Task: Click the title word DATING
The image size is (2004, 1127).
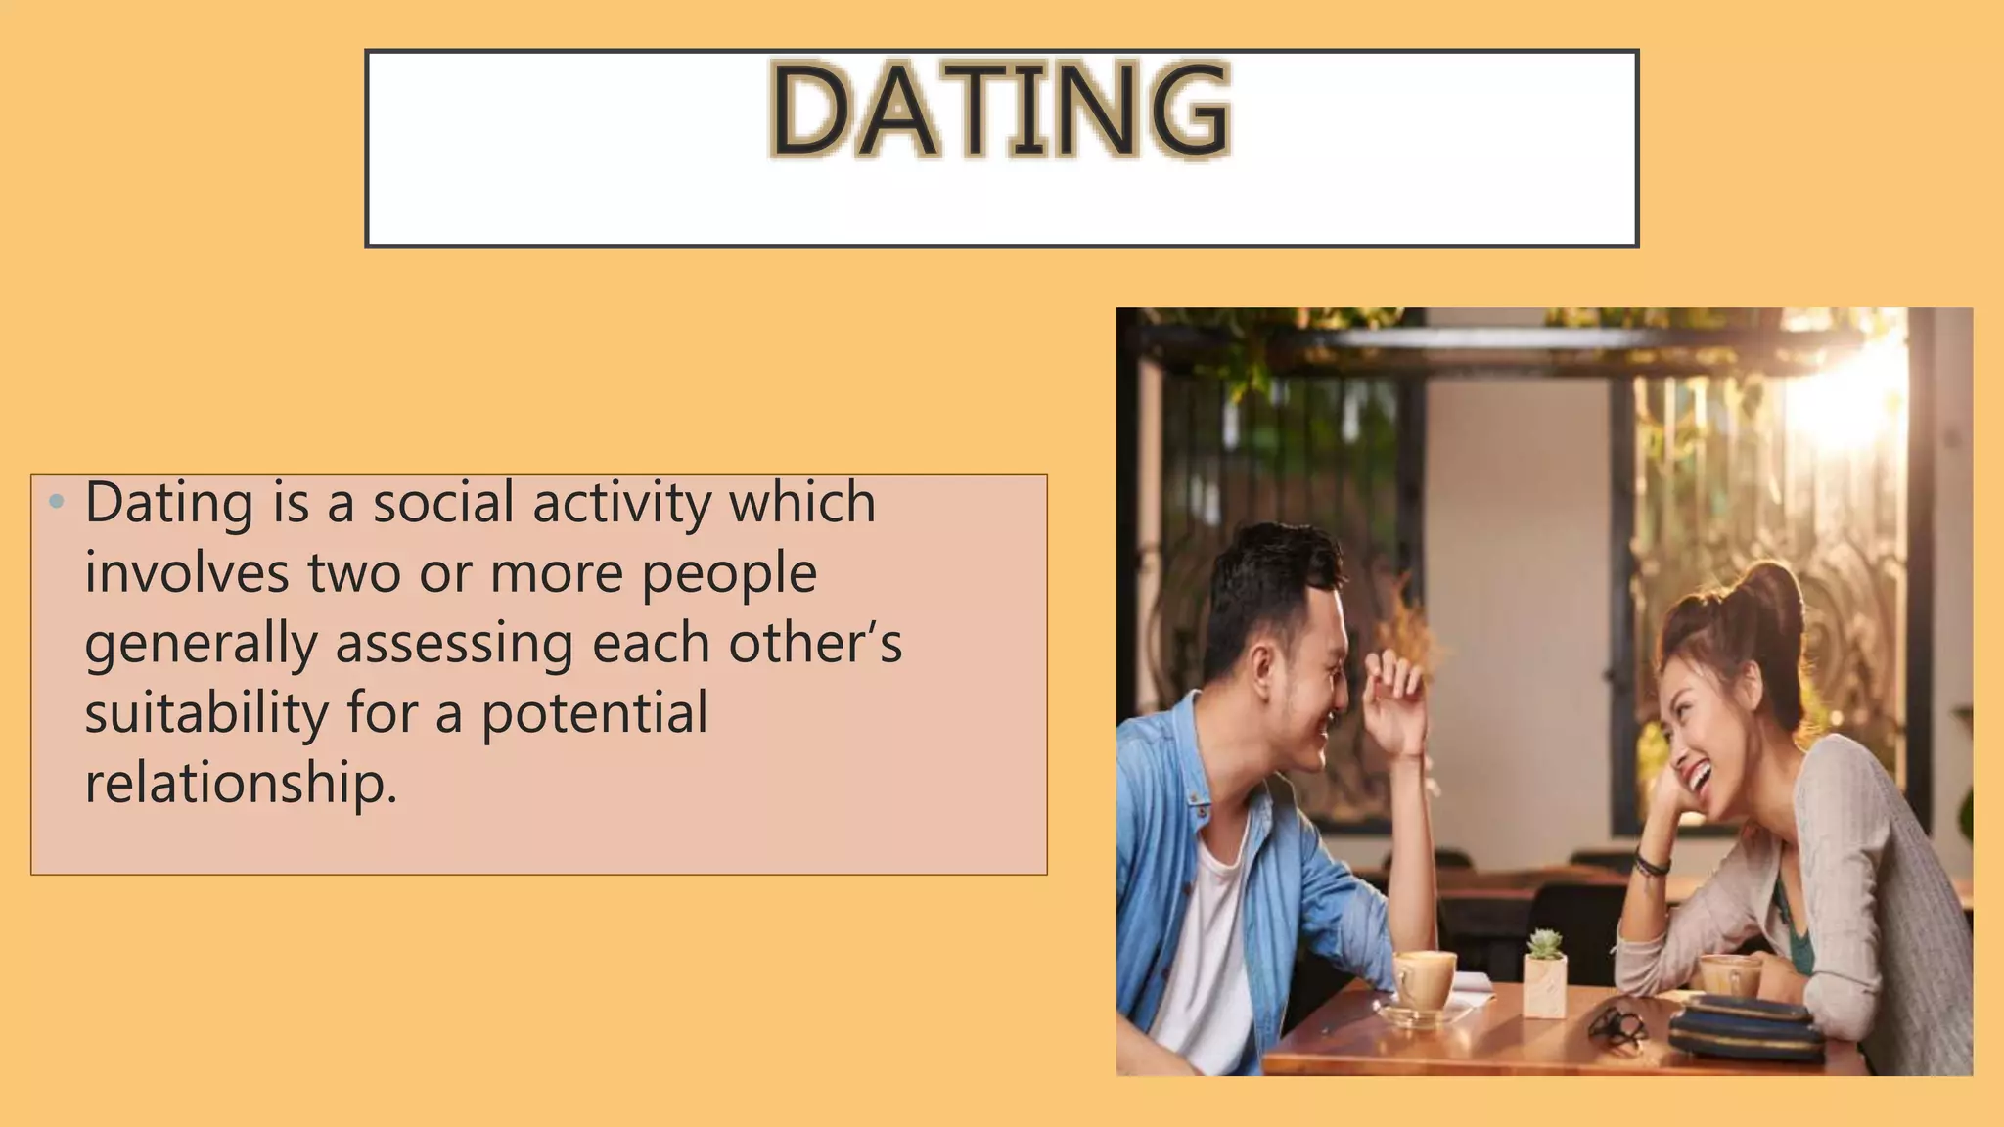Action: coord(1000,110)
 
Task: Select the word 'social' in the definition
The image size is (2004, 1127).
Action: coord(443,503)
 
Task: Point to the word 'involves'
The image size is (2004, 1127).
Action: coord(187,573)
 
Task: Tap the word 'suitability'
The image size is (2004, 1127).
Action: coord(206,714)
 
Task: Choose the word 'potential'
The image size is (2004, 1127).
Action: coord(594,714)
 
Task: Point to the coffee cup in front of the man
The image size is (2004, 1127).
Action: coord(1424,980)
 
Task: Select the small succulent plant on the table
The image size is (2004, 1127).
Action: coord(1545,945)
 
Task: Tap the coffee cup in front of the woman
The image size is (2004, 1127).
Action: coord(1730,976)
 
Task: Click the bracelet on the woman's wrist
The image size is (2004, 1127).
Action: coord(1652,865)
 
